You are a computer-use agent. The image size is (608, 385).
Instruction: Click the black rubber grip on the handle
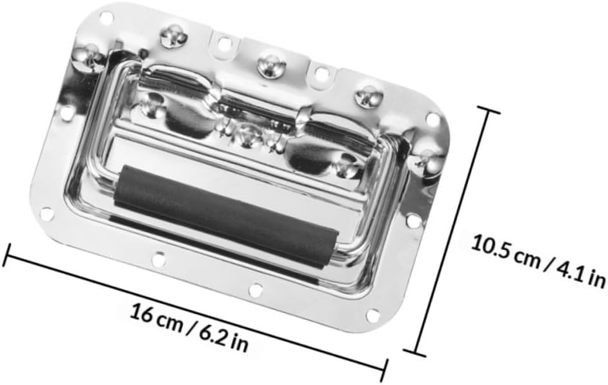pyautogui.click(x=227, y=216)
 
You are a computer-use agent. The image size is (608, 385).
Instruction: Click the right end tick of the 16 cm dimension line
pyautogui.click(x=384, y=370)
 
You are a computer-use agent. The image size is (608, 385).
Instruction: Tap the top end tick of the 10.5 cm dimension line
pyautogui.click(x=487, y=110)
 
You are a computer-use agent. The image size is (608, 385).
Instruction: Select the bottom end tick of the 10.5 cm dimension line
pyautogui.click(x=414, y=353)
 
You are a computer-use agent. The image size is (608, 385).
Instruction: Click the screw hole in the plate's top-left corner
pyautogui.click(x=105, y=17)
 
